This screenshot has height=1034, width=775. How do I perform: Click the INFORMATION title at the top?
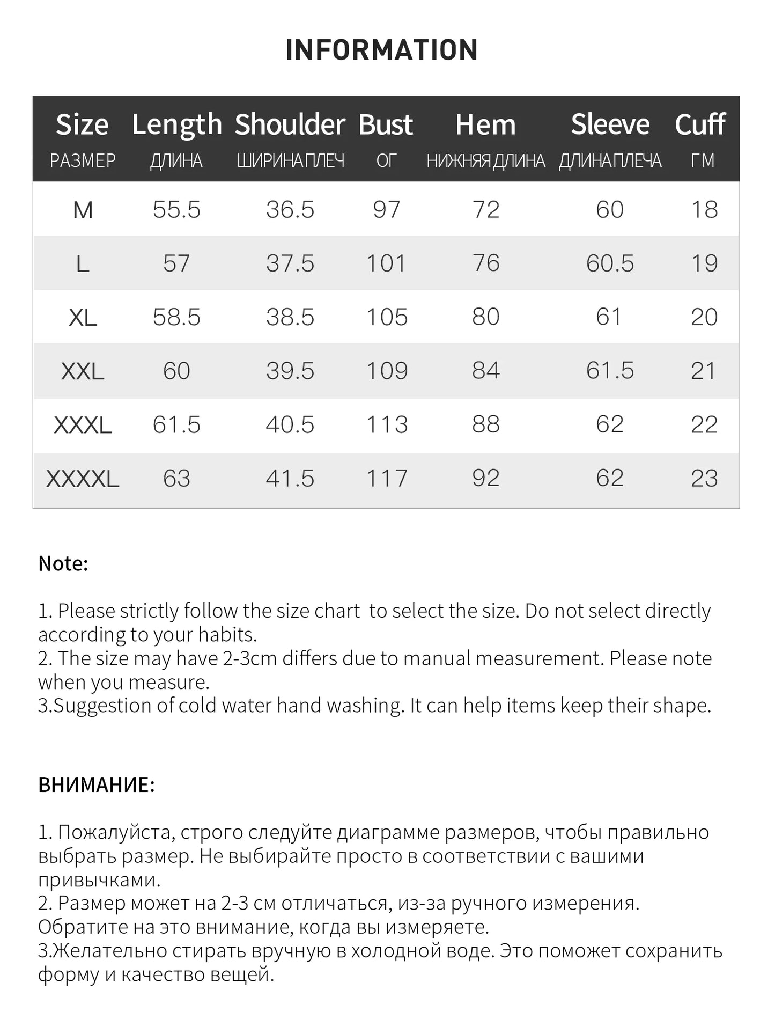pos(381,50)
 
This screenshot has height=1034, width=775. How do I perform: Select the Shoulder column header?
pos(290,124)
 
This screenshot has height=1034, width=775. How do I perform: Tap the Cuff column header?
pos(700,124)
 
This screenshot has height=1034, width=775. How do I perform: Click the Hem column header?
pos(485,124)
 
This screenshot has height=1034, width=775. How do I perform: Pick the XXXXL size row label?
pos(83,479)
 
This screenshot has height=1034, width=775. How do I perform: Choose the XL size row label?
pos(83,317)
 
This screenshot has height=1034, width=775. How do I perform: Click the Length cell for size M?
pos(176,209)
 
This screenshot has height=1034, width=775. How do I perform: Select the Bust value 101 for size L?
pos(386,263)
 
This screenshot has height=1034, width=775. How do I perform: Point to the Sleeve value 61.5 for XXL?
pos(610,371)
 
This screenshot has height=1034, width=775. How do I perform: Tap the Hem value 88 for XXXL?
pos(485,424)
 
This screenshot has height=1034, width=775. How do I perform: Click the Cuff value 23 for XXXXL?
pos(704,479)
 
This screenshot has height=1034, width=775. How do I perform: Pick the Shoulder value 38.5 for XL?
pos(290,317)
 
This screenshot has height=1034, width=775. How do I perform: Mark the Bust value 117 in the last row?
pos(386,479)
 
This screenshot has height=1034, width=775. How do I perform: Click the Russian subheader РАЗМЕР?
pos(83,160)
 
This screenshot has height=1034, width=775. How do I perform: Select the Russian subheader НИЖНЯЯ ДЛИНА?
pos(485,160)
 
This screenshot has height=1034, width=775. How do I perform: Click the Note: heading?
pos(63,563)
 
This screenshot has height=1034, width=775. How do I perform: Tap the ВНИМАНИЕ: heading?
pos(97,784)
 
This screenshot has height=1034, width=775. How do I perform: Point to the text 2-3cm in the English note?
pos(250,658)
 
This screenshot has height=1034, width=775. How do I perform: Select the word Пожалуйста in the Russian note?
pos(114,832)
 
